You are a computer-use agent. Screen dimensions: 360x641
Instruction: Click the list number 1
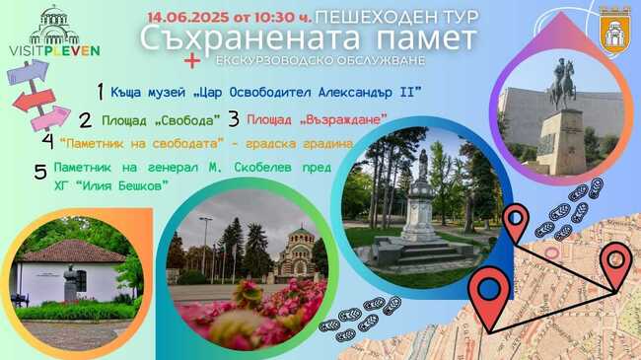click(x=100, y=91)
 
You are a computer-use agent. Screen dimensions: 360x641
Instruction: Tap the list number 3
click(x=234, y=118)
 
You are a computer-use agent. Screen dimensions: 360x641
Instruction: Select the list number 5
click(x=40, y=173)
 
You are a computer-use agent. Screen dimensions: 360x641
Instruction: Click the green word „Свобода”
click(x=187, y=119)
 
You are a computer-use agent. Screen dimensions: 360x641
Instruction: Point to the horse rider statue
click(x=563, y=83)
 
